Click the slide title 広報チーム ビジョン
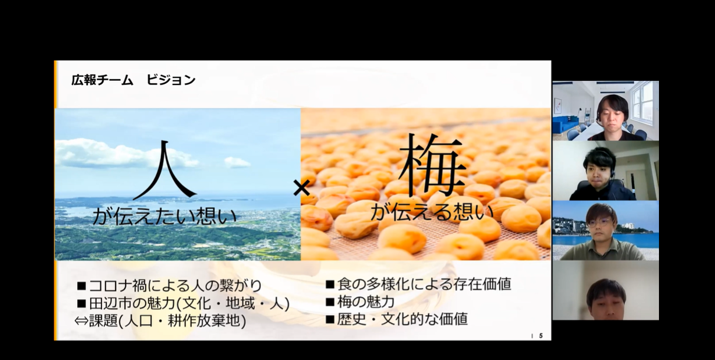133,80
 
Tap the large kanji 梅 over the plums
432,165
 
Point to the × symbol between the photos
301,188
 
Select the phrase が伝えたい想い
165,216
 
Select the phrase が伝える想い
432,212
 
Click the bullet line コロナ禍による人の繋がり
169,286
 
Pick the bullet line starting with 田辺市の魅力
183,303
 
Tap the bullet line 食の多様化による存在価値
418,284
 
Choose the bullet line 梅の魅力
360,302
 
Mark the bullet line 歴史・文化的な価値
397,319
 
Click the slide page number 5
541,336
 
